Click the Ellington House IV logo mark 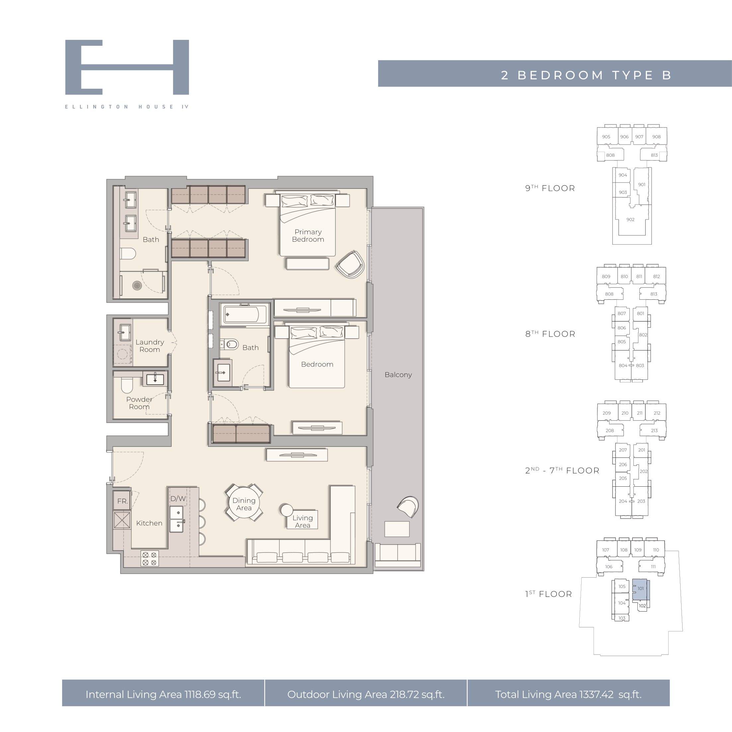click(x=127, y=67)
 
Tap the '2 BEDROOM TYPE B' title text click(x=586, y=75)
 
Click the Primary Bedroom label click(x=308, y=235)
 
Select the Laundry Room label click(x=150, y=346)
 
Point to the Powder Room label click(x=139, y=403)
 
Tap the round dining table click(x=244, y=503)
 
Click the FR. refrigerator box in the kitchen click(x=122, y=501)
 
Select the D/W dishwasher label click(x=178, y=499)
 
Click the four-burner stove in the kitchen click(x=149, y=558)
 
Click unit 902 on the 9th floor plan click(x=630, y=220)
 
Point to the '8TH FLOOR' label click(x=550, y=334)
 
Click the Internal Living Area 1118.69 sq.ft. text click(x=163, y=694)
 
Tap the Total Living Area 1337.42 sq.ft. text click(x=568, y=694)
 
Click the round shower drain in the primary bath click(x=137, y=285)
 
